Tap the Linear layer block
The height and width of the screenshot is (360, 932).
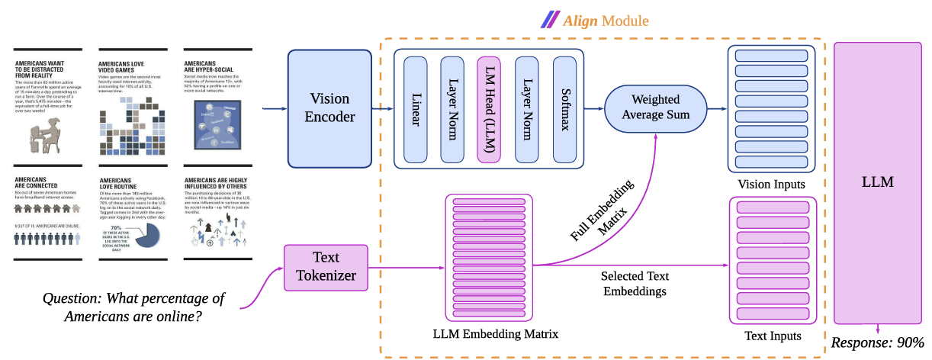416,110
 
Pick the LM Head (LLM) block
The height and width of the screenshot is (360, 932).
490,110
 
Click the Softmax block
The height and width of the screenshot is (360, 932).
564,110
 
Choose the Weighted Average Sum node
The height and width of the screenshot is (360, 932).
655,108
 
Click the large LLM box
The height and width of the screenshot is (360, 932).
876,183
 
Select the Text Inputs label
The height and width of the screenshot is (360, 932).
773,336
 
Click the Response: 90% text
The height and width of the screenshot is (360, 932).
877,342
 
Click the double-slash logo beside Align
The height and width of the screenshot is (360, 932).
548,19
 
